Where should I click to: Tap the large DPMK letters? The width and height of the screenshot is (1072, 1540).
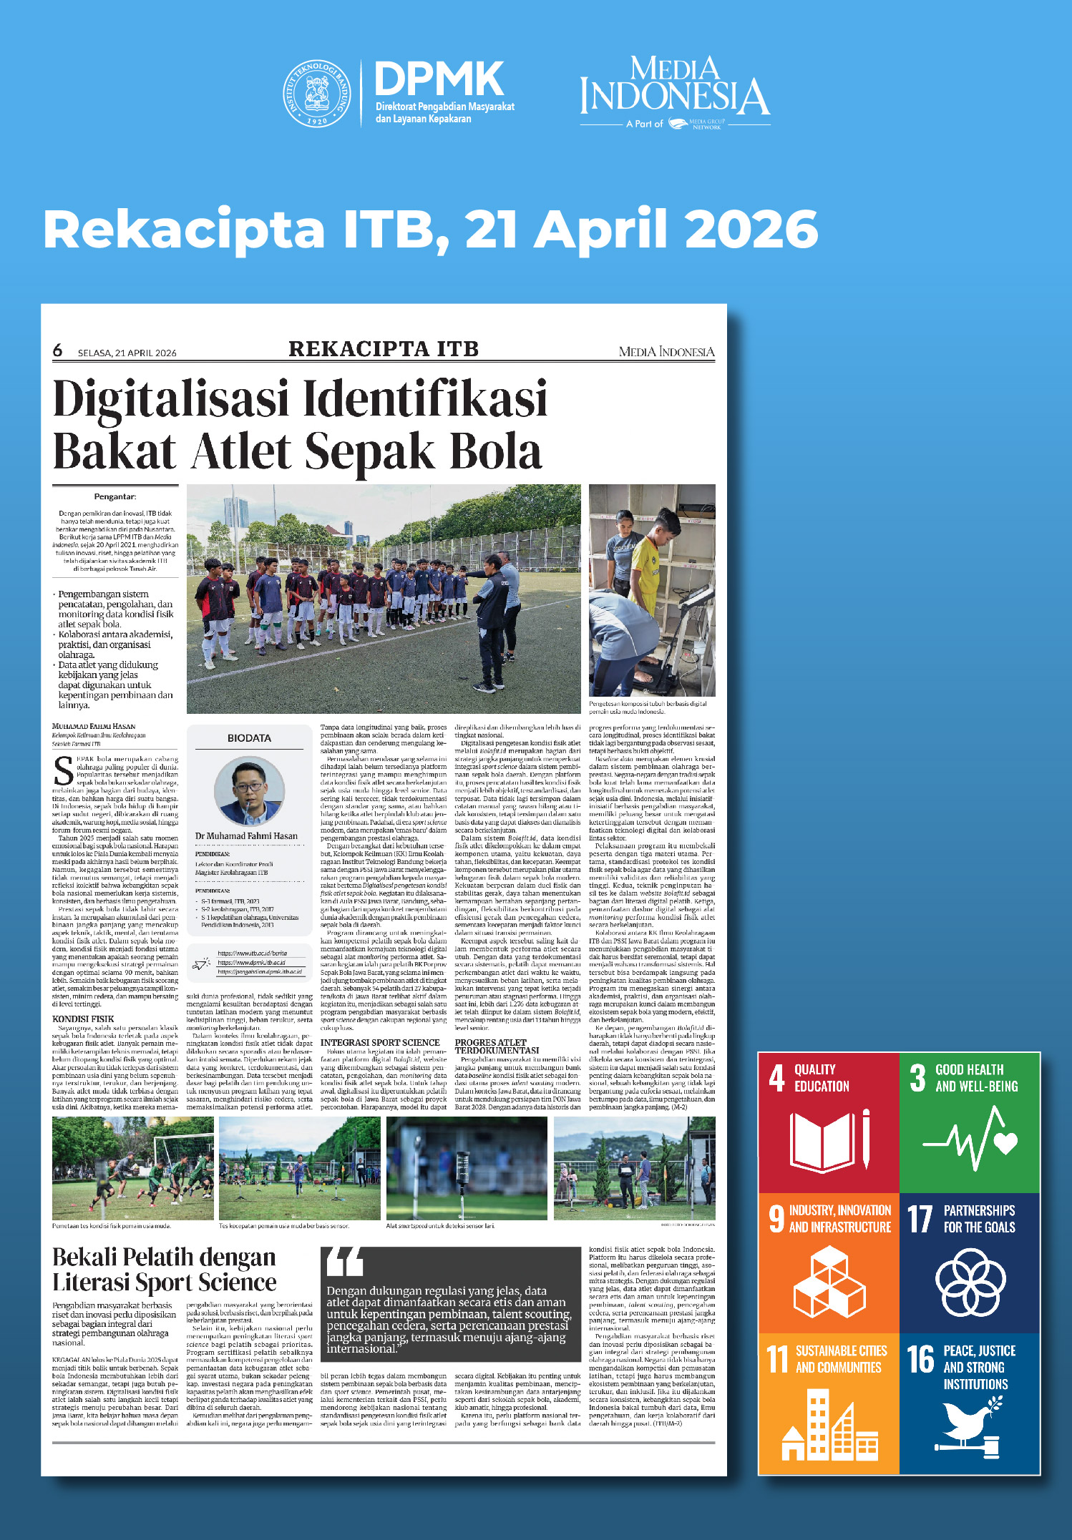click(439, 78)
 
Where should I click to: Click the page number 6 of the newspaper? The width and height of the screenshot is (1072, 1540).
click(58, 350)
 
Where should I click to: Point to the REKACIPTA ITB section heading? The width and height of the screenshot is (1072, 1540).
click(384, 349)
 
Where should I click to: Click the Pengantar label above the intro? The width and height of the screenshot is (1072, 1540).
click(114, 496)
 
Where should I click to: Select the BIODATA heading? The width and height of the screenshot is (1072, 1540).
click(249, 737)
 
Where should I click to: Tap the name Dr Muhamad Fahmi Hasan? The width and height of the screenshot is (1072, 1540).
click(246, 835)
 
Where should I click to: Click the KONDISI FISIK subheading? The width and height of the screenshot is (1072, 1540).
click(83, 1019)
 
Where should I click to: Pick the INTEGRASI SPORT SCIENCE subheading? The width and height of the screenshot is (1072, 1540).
click(380, 1042)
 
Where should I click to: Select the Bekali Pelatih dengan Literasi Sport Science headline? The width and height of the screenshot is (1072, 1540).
click(165, 1269)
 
